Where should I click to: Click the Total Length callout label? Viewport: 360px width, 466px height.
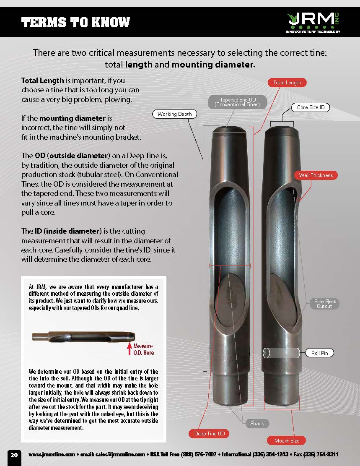click(287, 83)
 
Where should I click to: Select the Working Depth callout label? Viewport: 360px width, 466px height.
click(175, 114)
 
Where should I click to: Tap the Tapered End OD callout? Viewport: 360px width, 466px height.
click(238, 102)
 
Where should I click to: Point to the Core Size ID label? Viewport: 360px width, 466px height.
click(311, 107)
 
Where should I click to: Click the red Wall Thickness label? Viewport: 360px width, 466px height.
click(316, 175)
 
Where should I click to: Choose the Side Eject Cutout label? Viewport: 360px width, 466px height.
click(325, 304)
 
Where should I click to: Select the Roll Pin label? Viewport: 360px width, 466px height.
click(319, 353)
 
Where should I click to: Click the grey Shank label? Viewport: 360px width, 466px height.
click(257, 424)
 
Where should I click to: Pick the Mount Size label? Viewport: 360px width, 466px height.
click(287, 440)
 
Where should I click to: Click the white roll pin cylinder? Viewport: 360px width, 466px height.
click(281, 353)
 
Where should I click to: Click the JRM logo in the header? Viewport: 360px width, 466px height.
click(313, 22)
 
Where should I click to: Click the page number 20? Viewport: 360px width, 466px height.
click(14, 455)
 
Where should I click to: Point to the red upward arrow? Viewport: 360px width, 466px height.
click(129, 349)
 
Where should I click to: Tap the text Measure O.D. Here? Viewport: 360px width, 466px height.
click(143, 349)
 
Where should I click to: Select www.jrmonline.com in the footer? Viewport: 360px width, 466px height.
click(52, 455)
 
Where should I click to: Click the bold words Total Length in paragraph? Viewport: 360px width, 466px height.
click(43, 81)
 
